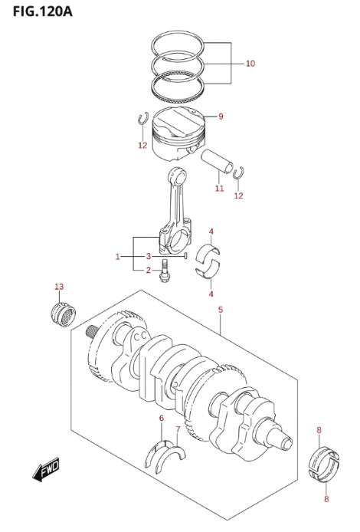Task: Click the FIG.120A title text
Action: [x=42, y=11]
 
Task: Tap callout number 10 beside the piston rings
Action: [x=250, y=64]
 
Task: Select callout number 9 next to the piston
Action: [x=221, y=117]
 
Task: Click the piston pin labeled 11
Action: [x=217, y=162]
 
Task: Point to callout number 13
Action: [x=59, y=287]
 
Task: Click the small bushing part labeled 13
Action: [x=63, y=314]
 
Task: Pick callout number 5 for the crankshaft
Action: [x=221, y=310]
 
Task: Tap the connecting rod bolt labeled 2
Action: [x=165, y=271]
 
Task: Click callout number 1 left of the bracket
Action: [x=118, y=257]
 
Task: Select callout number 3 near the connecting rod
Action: [x=148, y=256]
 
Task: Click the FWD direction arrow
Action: [x=46, y=470]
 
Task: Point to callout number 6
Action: [x=162, y=418]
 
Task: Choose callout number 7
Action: [x=178, y=429]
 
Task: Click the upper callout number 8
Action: [x=319, y=430]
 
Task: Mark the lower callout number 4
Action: [x=211, y=294]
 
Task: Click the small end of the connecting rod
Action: [x=178, y=175]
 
